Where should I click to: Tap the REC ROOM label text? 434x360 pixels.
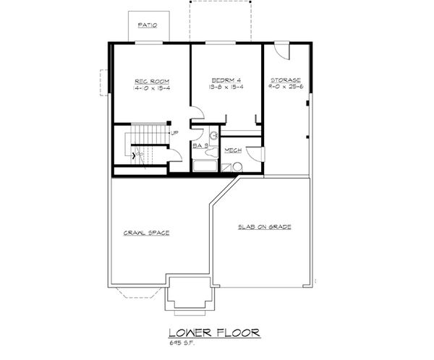(150, 80)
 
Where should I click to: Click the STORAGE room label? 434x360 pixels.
(285, 80)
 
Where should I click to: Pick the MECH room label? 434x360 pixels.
(233, 150)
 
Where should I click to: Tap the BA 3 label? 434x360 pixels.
(201, 147)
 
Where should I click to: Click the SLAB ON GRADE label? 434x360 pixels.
(265, 227)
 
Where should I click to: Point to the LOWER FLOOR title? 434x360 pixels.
(213, 333)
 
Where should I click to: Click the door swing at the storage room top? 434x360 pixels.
(283, 51)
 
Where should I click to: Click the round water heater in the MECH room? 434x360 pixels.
(237, 168)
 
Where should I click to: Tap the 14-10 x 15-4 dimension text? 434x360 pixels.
(150, 87)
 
